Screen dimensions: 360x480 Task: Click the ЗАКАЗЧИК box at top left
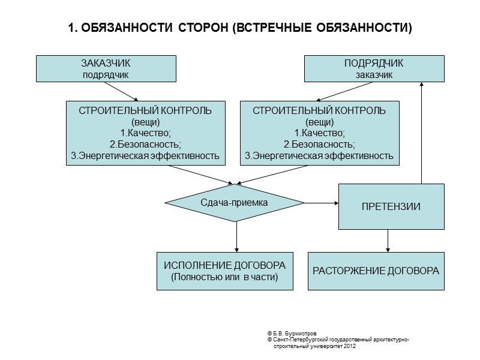[x=106, y=68]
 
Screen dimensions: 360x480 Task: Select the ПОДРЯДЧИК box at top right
[x=374, y=68]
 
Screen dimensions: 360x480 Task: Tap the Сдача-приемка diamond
[x=235, y=203]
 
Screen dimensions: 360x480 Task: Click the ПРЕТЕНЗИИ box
[x=391, y=206]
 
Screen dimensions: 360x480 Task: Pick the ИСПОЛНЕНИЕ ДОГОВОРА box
[x=225, y=271]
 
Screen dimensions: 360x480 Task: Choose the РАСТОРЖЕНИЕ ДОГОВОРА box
[x=376, y=271]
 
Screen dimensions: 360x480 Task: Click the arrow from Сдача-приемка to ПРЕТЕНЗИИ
[x=322, y=203]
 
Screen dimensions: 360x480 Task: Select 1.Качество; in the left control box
[x=145, y=133]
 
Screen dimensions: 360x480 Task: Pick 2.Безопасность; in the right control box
[x=319, y=145]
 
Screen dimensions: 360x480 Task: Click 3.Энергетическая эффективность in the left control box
[x=145, y=156]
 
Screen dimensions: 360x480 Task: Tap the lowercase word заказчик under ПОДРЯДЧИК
[x=374, y=75]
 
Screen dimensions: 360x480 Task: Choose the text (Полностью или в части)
[x=225, y=277]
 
